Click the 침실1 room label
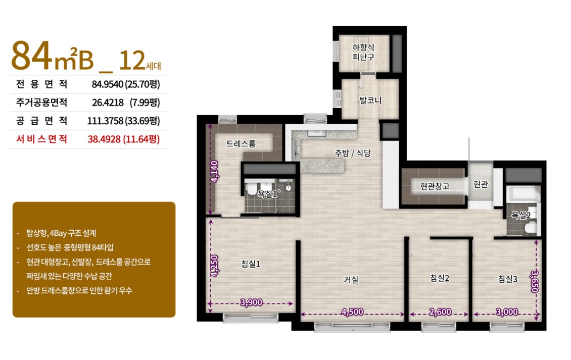(x=251, y=264)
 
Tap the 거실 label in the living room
(x=351, y=280)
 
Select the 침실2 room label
(x=440, y=278)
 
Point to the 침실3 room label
(x=508, y=279)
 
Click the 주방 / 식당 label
(x=353, y=153)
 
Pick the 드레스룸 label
(x=241, y=143)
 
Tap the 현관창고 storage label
(x=435, y=186)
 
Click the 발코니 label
(x=370, y=100)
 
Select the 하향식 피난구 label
(x=363, y=52)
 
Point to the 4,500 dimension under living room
(x=352, y=312)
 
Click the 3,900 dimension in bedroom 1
(x=251, y=302)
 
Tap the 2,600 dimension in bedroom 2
(x=440, y=312)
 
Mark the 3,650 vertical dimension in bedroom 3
(x=534, y=281)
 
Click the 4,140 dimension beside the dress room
(x=215, y=171)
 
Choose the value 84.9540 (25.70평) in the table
(x=126, y=84)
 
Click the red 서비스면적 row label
(x=41, y=139)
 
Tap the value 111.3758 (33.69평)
(x=123, y=121)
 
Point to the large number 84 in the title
(x=32, y=56)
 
